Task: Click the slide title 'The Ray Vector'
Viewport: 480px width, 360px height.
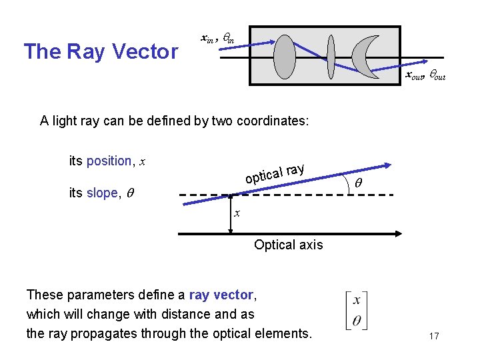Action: (x=101, y=51)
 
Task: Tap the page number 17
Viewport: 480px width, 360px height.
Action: (x=434, y=335)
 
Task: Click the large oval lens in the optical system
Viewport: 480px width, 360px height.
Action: (x=285, y=57)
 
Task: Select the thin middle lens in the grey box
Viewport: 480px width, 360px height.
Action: (x=330, y=57)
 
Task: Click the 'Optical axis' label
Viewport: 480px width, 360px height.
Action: (x=288, y=245)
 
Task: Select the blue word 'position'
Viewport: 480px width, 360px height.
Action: (x=109, y=161)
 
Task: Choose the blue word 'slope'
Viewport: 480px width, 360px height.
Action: (x=103, y=193)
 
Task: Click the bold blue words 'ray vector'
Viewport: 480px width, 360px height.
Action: (x=221, y=295)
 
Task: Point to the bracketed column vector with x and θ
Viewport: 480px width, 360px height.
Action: (x=357, y=311)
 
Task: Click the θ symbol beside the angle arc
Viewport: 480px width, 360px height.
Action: (x=357, y=183)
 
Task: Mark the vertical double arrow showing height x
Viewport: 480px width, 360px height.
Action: (x=231, y=214)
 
